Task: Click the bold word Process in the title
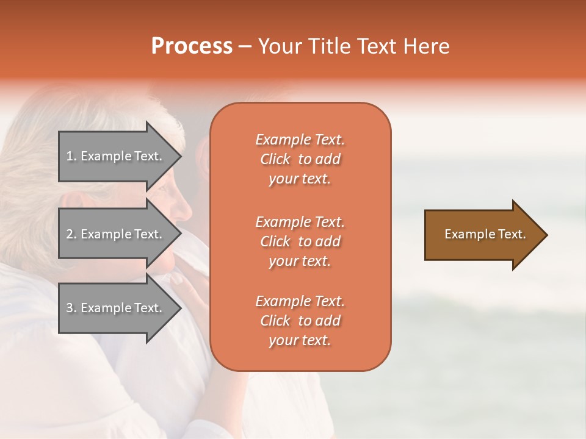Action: [192, 46]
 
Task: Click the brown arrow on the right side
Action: [482, 235]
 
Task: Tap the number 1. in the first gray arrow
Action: [71, 156]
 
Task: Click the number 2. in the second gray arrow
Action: [71, 234]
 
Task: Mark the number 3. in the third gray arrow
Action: [71, 308]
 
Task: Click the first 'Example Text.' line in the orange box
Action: [300, 140]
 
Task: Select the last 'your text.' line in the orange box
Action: [300, 341]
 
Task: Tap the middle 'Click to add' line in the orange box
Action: [300, 241]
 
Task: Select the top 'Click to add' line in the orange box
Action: [300, 159]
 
